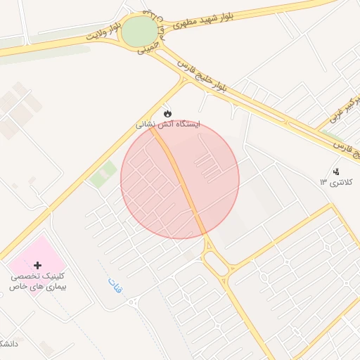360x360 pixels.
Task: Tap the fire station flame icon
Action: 167,112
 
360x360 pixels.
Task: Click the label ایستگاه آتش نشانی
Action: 168,124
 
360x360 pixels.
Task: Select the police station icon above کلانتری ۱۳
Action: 335,172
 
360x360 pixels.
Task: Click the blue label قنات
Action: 115,285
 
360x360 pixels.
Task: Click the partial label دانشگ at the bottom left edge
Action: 8,344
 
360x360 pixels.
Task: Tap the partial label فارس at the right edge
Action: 345,148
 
